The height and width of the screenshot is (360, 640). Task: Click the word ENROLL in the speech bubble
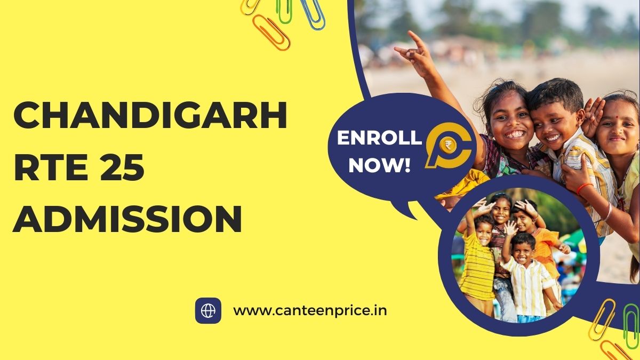(379, 138)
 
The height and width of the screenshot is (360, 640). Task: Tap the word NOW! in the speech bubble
(379, 165)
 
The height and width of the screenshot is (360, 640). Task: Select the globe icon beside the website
(208, 310)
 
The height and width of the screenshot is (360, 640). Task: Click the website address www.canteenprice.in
(310, 310)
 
